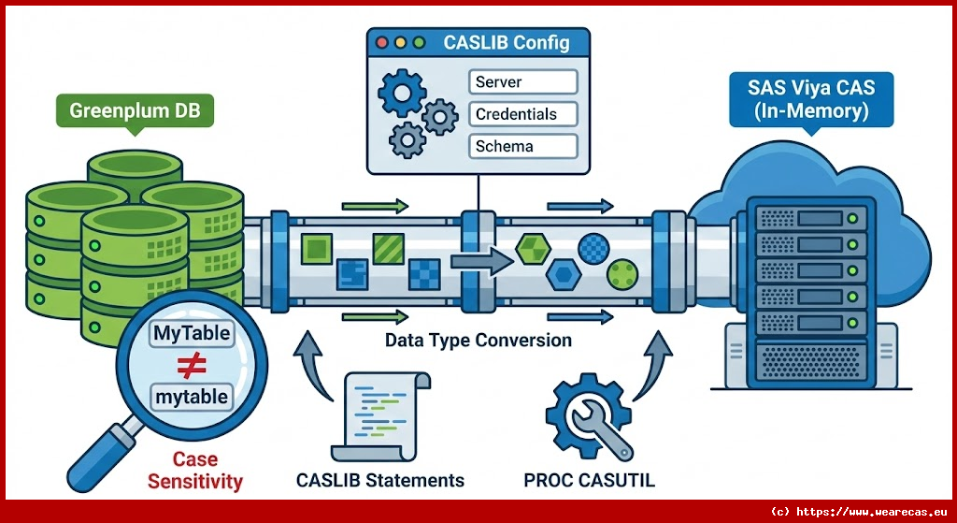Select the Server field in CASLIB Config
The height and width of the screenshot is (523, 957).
[521, 81]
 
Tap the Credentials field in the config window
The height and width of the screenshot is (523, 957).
[521, 114]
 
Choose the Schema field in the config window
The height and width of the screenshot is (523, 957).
[521, 146]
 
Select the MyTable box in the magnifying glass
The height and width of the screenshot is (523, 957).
[191, 333]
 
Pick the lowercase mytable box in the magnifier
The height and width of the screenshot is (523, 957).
[191, 397]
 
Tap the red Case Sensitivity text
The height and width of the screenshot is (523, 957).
[194, 471]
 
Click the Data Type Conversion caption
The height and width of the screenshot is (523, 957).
[478, 340]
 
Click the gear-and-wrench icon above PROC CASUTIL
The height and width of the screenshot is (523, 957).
[589, 418]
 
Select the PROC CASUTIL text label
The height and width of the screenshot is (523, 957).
[589, 481]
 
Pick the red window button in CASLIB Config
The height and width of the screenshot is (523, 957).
[382, 42]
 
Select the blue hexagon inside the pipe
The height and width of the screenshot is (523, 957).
[563, 275]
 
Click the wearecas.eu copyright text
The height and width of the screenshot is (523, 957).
[857, 512]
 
